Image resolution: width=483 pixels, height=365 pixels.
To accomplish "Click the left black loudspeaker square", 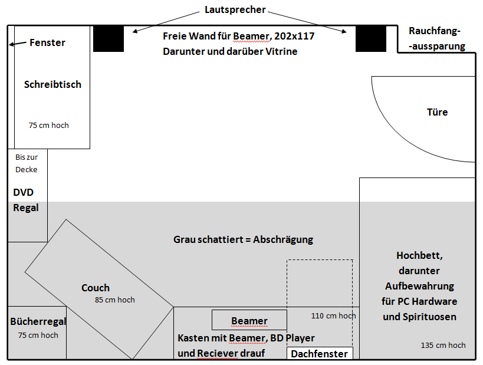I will (x=109, y=38).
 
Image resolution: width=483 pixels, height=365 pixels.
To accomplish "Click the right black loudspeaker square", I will (x=370, y=38).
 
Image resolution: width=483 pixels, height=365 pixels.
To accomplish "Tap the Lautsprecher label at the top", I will (x=235, y=10).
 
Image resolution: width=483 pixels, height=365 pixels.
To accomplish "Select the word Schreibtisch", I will (x=52, y=84).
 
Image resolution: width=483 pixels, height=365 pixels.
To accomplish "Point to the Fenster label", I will (x=47, y=42).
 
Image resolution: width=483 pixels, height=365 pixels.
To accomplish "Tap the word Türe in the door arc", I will (x=437, y=112).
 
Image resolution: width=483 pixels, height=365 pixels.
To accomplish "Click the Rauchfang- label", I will (x=434, y=31).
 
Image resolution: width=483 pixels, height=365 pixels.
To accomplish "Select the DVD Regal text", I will (x=26, y=200).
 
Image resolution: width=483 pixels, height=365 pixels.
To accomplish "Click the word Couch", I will (x=96, y=288).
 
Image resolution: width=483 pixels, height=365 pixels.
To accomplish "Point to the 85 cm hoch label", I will (x=114, y=300).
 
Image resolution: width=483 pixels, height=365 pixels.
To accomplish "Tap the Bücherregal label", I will (x=38, y=322).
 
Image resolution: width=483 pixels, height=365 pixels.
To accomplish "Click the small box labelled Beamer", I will (x=249, y=321).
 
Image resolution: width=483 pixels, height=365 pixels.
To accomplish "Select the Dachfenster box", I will (x=320, y=353).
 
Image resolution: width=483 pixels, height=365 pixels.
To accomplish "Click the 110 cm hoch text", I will (x=333, y=315).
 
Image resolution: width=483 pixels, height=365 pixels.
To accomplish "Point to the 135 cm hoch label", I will (x=443, y=345).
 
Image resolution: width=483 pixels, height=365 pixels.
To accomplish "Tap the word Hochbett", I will (x=419, y=255).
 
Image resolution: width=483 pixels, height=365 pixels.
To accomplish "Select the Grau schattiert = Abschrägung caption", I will (x=243, y=239).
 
